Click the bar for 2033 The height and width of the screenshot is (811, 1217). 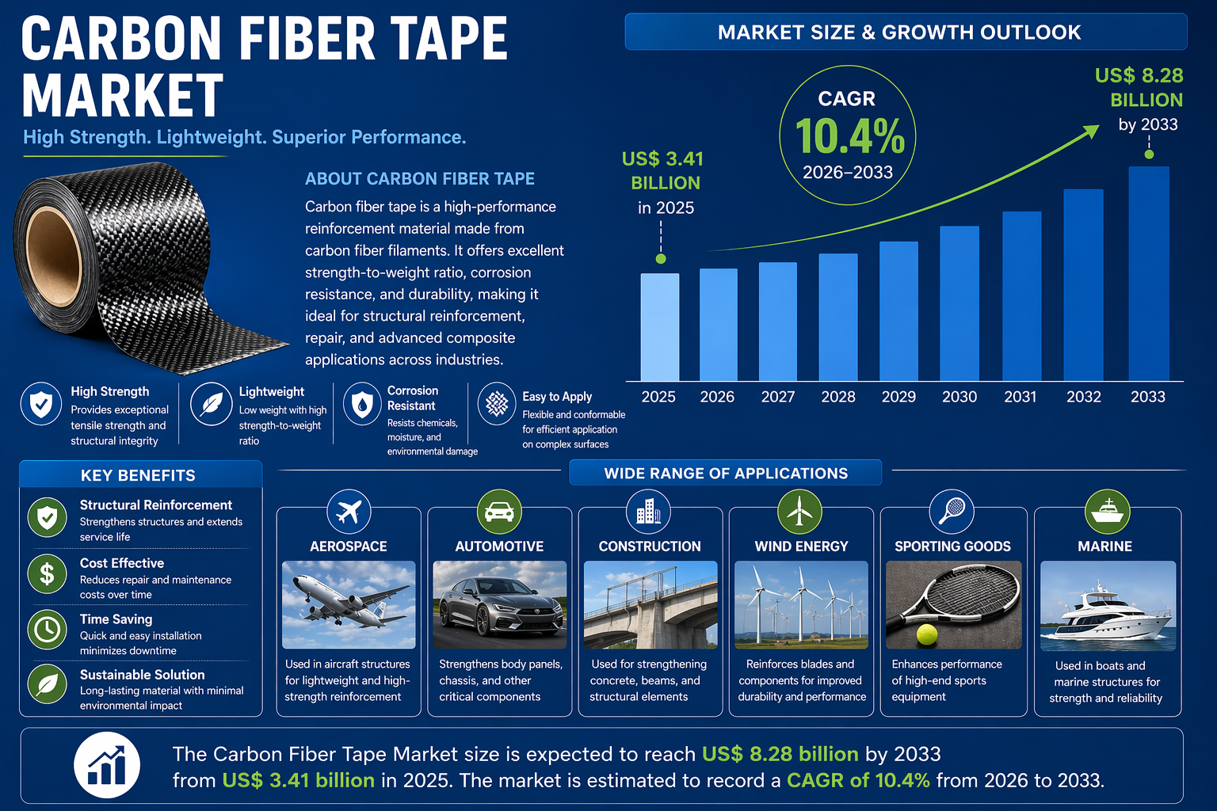coord(1148,273)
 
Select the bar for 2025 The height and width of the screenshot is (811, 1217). coord(659,327)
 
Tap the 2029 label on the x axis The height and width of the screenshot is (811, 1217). coord(898,397)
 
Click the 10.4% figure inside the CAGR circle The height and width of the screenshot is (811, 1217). coord(849,136)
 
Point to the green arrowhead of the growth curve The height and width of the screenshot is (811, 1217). coord(1091,131)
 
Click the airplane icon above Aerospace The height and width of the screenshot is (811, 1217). coord(349,512)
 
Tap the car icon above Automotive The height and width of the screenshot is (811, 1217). coord(499,512)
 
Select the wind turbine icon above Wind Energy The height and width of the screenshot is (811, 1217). coord(799,512)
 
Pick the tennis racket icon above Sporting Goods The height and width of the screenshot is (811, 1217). coord(951,512)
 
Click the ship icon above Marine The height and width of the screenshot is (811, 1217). coord(1107,512)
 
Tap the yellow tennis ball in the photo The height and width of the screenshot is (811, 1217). coord(926,634)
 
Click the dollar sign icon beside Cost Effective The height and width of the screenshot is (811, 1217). coord(48,573)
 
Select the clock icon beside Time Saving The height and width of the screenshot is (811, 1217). coord(48,629)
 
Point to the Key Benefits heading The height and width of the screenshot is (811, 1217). coord(138,475)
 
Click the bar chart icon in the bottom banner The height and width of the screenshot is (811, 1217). coord(107,765)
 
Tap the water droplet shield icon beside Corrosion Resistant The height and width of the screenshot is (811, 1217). coord(362,404)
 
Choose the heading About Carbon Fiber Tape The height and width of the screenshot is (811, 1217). coord(420,179)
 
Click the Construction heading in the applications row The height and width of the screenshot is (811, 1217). coord(650,546)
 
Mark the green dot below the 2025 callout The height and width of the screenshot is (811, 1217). coord(661,259)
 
